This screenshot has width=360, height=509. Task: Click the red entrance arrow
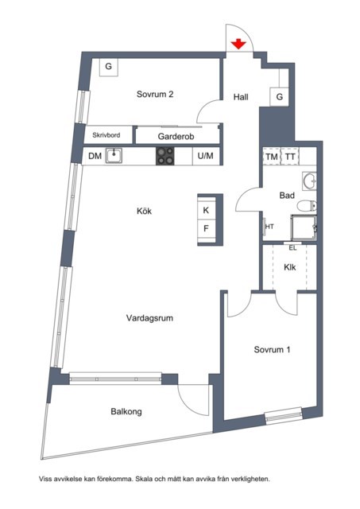pyautogui.click(x=238, y=44)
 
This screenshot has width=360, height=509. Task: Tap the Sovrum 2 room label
pyautogui.click(x=155, y=94)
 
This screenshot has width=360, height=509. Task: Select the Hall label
pyautogui.click(x=241, y=97)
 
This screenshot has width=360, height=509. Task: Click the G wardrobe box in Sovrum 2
pyautogui.click(x=108, y=67)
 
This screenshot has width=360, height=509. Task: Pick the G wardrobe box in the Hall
pyautogui.click(x=279, y=97)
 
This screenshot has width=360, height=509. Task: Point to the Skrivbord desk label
pyautogui.click(x=106, y=135)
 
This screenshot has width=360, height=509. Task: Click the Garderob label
pyautogui.click(x=176, y=136)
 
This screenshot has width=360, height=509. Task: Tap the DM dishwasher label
pyautogui.click(x=95, y=156)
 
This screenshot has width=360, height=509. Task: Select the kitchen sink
pyautogui.click(x=114, y=156)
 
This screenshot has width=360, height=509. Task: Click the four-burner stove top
pyautogui.click(x=165, y=156)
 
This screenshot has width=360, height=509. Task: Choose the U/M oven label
pyautogui.click(x=205, y=156)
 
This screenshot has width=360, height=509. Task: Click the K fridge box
pyautogui.click(x=206, y=210)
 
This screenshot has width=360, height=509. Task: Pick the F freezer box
pyautogui.click(x=206, y=229)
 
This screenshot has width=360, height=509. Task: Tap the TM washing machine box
pyautogui.click(x=272, y=157)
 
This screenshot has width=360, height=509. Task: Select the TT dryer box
pyautogui.click(x=289, y=157)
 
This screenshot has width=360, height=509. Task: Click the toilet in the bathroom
pyautogui.click(x=307, y=206)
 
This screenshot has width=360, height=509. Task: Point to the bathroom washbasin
pyautogui.click(x=310, y=181)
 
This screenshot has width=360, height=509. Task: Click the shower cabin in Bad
pyautogui.click(x=304, y=228)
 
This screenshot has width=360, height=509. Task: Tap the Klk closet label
pyautogui.click(x=289, y=267)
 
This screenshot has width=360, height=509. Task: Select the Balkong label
pyautogui.click(x=126, y=412)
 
